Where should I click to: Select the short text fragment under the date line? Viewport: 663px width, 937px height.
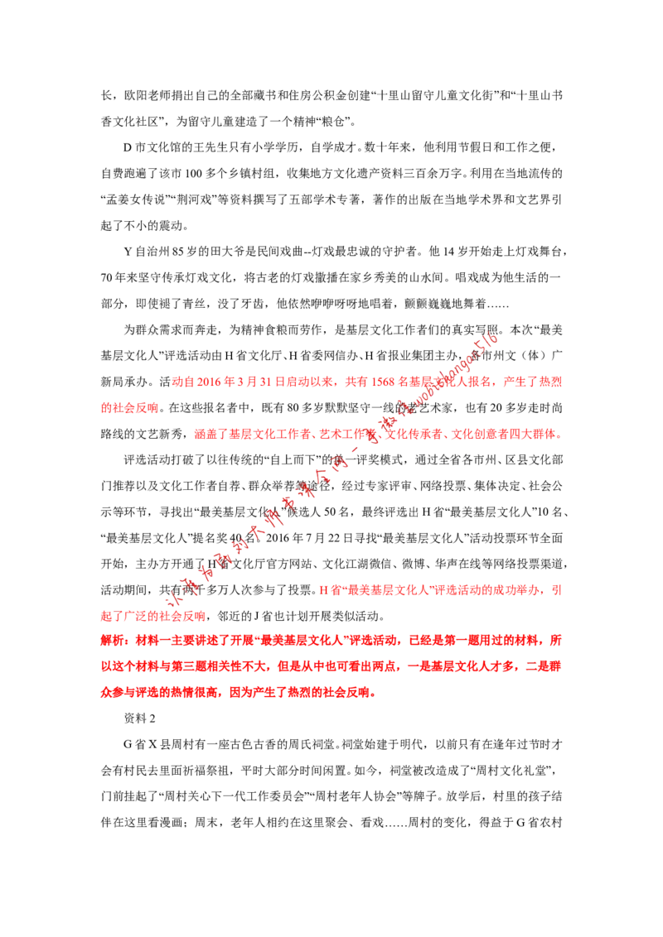tap(128, 408)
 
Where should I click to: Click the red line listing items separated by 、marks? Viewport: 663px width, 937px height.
tap(377, 434)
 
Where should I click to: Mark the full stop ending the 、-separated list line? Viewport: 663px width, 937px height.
tap(560, 435)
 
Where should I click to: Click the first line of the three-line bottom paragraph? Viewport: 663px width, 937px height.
tap(331, 641)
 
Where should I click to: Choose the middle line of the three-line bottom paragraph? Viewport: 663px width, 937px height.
tap(331, 666)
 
